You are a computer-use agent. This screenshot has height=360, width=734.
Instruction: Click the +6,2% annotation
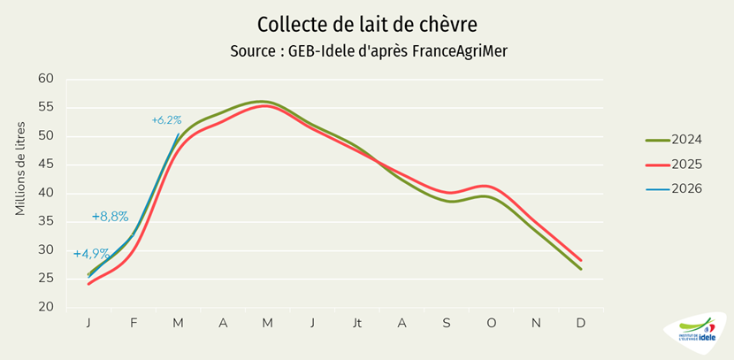[x=166, y=120]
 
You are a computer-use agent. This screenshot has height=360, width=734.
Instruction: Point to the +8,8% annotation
[x=111, y=217]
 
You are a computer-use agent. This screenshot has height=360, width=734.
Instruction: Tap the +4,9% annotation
[x=91, y=254]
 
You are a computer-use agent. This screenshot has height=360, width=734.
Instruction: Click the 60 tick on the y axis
[x=46, y=80]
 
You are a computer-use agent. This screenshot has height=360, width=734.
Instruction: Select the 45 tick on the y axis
[x=46, y=165]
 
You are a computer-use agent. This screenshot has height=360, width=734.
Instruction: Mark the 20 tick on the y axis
[x=46, y=307]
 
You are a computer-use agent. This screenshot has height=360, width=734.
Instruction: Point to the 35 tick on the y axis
[x=46, y=222]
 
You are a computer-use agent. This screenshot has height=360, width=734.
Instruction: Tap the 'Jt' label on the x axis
[x=356, y=324]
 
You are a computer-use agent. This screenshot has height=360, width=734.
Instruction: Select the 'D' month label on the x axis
[x=580, y=324]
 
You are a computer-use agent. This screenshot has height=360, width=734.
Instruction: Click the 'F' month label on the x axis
[x=134, y=324]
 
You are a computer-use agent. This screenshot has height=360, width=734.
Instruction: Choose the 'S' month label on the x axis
[x=447, y=324]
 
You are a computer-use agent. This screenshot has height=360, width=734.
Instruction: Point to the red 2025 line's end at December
[x=580, y=260]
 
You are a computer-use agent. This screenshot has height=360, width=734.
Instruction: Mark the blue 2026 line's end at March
[x=179, y=134]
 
